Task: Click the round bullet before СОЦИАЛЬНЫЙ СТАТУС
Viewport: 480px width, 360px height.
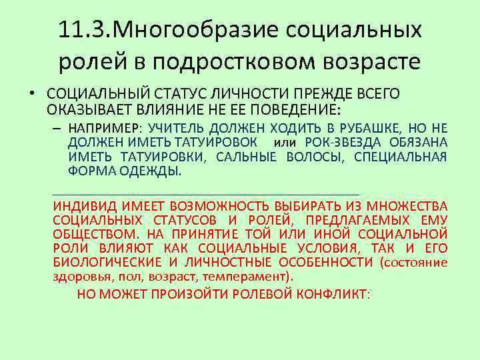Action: (x=31, y=94)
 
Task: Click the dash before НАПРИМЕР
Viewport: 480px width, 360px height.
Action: (x=58, y=128)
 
